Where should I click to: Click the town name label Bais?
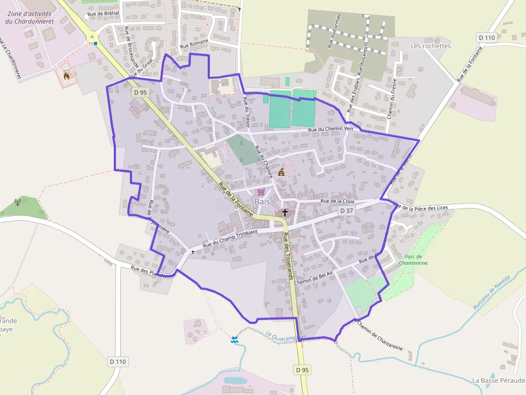click(x=262, y=202)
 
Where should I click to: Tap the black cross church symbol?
click(x=284, y=213)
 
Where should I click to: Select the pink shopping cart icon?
click(x=261, y=192)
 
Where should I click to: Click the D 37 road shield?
click(x=347, y=211)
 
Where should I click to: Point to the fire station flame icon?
click(x=67, y=76)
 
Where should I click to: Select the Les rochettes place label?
click(x=430, y=46)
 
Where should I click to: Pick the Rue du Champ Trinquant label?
click(x=230, y=239)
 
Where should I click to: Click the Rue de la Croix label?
click(x=338, y=201)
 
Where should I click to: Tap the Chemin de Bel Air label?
click(x=313, y=277)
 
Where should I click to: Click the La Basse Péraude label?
click(x=498, y=380)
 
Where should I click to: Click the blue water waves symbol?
click(x=235, y=339)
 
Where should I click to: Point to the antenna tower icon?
click(x=18, y=203)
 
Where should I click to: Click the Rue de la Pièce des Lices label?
click(x=421, y=207)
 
